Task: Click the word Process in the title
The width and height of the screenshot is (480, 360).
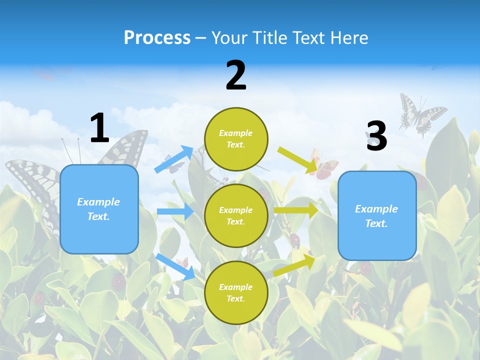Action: click(157, 37)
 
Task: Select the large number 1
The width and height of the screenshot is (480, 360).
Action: click(99, 128)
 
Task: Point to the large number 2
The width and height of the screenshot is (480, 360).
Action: click(236, 75)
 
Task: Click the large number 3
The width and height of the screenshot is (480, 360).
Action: click(376, 136)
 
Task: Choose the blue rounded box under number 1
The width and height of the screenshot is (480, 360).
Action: click(99, 209)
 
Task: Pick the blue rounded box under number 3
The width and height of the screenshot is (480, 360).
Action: click(377, 215)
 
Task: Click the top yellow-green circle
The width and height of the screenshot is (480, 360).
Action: click(236, 139)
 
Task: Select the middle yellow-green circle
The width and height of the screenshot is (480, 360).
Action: click(236, 215)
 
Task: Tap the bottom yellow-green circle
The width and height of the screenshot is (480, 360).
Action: click(236, 292)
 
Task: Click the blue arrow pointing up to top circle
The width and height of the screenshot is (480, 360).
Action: click(174, 159)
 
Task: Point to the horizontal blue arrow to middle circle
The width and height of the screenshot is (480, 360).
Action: click(175, 211)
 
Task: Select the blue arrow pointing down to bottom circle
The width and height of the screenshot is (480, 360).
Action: click(175, 266)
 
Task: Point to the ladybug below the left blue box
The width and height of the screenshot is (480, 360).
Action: click(118, 282)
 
